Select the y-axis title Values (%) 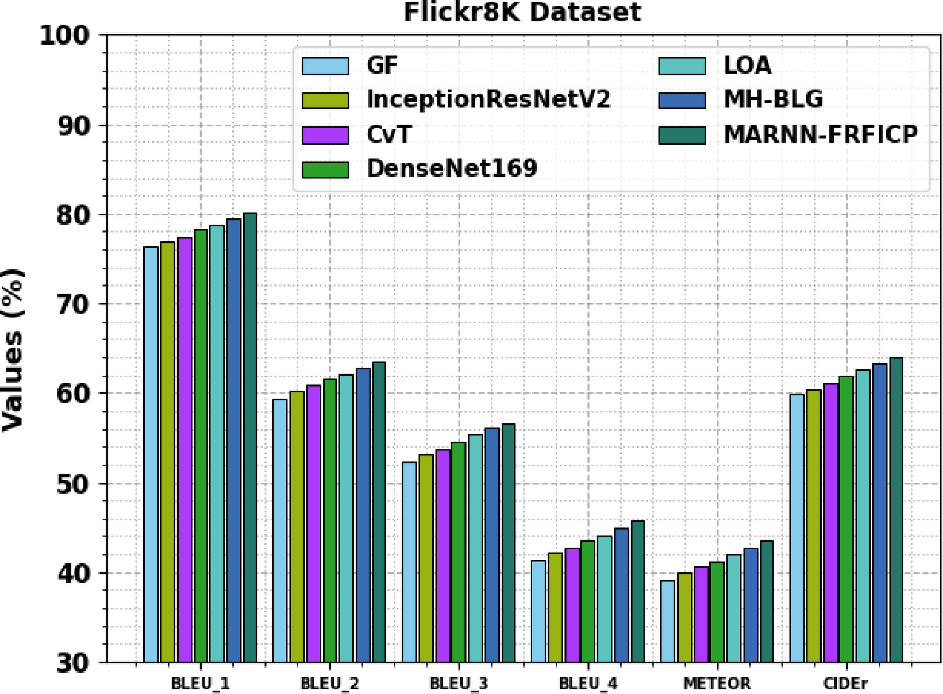(x=13, y=350)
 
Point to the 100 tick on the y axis (x=65, y=36)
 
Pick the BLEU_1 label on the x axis (x=201, y=684)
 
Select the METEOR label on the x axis (x=717, y=684)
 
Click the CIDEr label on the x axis (x=846, y=684)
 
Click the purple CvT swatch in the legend (x=325, y=135)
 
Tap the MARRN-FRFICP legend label (x=820, y=135)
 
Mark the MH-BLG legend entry (x=773, y=100)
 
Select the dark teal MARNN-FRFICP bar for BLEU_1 (x=250, y=437)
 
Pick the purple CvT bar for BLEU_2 (x=314, y=524)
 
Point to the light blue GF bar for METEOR (x=668, y=621)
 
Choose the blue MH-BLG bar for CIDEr (x=880, y=513)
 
